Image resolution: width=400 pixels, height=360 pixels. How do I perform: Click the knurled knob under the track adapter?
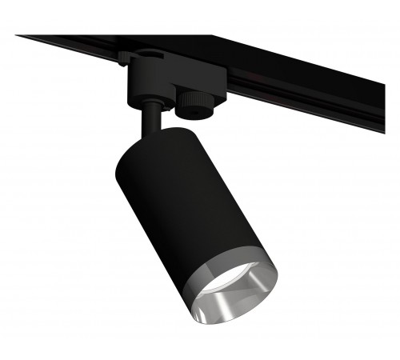[x=192, y=102]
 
